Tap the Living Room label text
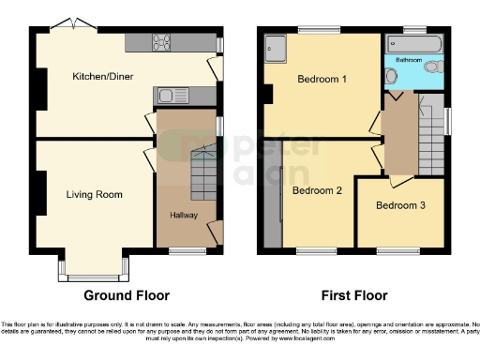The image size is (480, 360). (95, 195)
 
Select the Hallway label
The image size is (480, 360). (183, 216)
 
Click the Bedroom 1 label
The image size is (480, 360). (322, 79)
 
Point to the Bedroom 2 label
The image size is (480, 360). (316, 190)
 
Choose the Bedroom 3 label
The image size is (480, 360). (400, 205)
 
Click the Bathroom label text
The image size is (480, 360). (409, 58)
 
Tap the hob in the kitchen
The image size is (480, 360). (160, 41)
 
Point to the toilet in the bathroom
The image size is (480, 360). (432, 67)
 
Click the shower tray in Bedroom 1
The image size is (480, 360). (277, 46)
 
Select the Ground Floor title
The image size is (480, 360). (127, 294)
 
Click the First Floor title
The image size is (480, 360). (354, 294)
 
